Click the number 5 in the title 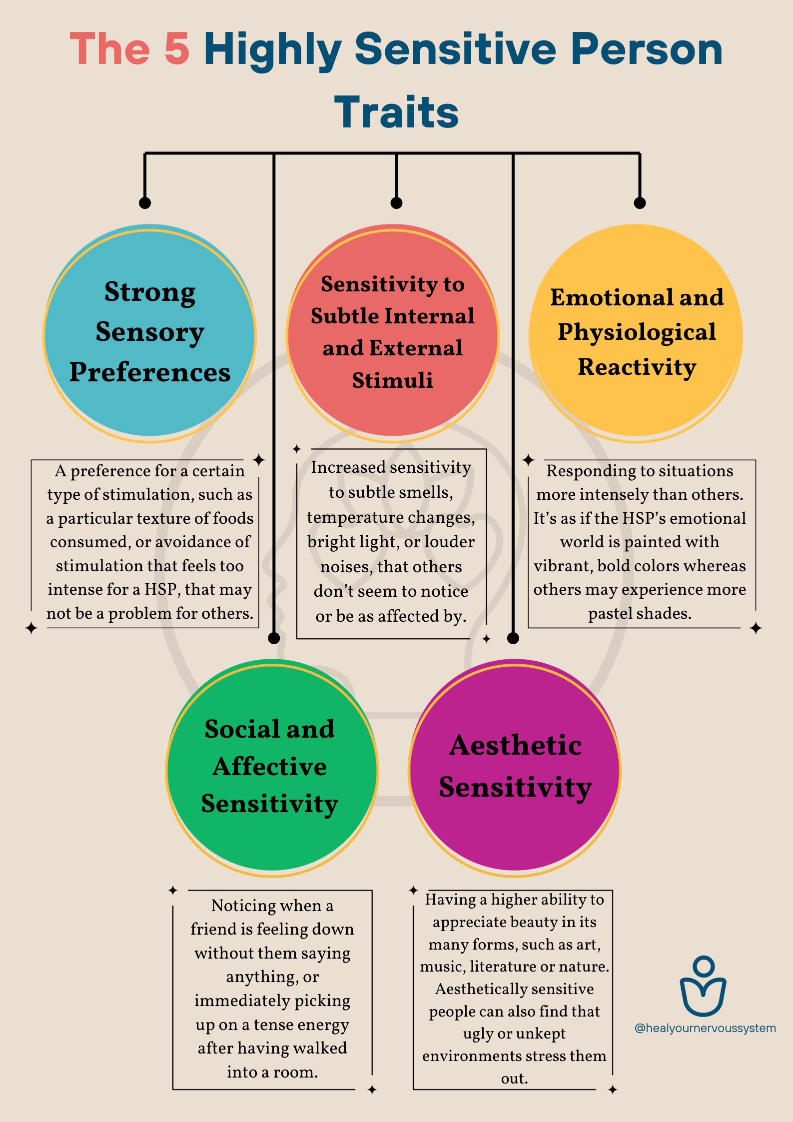coord(176,49)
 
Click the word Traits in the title coord(396,112)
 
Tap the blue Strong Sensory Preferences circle coord(149,333)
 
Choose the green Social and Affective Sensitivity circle coord(271,768)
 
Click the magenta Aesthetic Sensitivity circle coord(515,768)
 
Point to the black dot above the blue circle coord(145,202)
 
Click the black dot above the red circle coord(396,202)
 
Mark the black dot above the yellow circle coord(640,202)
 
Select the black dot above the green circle coord(274,638)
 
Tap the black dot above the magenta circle coord(513,638)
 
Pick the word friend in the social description coord(213,929)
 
